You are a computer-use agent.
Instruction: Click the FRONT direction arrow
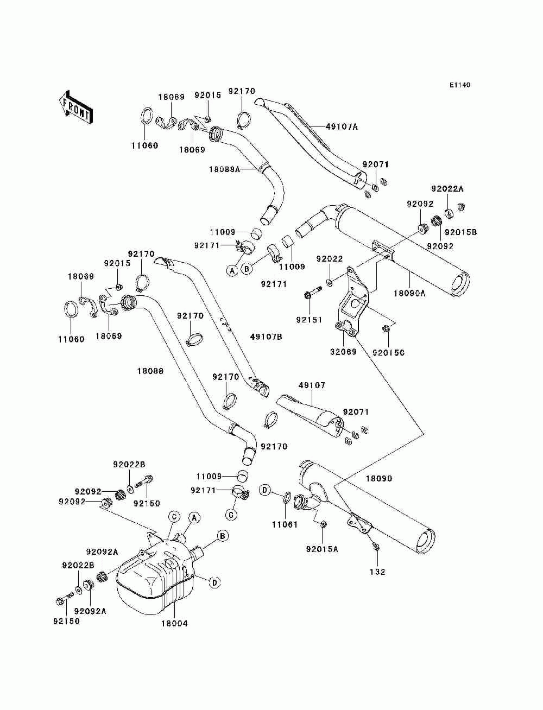pyautogui.click(x=76, y=107)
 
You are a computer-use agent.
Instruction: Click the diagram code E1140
pyautogui.click(x=459, y=85)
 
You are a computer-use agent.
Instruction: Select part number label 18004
pyautogui.click(x=174, y=624)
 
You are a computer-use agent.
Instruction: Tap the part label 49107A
pyautogui.click(x=342, y=127)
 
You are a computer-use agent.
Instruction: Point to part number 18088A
pyautogui.click(x=224, y=169)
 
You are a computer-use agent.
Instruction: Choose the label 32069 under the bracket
pyautogui.click(x=343, y=352)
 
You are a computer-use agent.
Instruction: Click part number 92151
pyautogui.click(x=310, y=320)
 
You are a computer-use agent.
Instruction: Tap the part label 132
pyautogui.click(x=377, y=572)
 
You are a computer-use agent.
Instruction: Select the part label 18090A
pyautogui.click(x=409, y=293)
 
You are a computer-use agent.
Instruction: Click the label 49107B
pyautogui.click(x=266, y=337)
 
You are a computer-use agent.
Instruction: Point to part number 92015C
pyautogui.click(x=389, y=353)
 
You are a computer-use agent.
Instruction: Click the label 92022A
pyautogui.click(x=447, y=188)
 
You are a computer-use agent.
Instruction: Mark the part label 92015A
pyautogui.click(x=322, y=549)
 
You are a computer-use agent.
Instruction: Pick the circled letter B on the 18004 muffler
pyautogui.click(x=223, y=536)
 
